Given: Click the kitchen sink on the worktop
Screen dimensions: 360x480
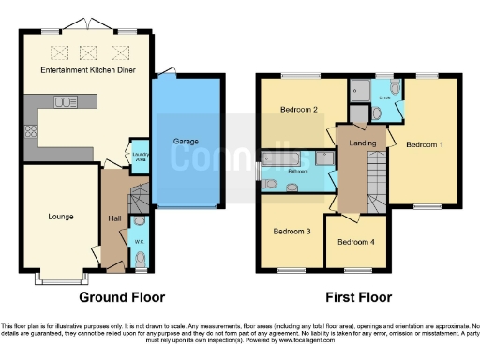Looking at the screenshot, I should coord(66,102).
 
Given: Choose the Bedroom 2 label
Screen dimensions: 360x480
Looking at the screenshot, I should coord(300,110).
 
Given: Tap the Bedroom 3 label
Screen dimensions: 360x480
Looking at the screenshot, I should coord(292,231).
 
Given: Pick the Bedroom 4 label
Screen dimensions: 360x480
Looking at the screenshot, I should coord(355,242).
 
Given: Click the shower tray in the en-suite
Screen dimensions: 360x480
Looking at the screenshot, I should coord(359,92).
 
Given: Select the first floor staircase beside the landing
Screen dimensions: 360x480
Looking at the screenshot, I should coord(377,178).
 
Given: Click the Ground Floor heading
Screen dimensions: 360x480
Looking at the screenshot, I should coord(115,297).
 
